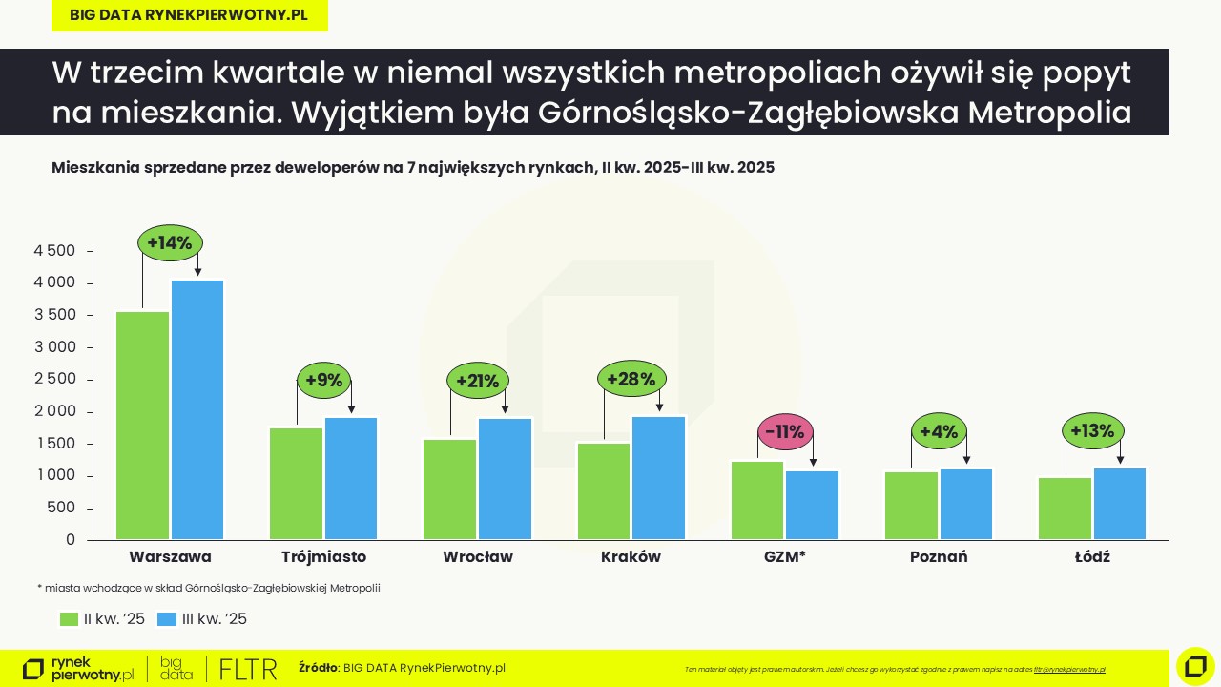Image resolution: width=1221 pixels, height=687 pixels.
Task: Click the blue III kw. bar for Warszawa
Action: click(197, 409)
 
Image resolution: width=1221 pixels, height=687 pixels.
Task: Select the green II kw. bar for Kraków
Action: click(604, 490)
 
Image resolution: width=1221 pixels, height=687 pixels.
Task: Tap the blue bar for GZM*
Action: click(813, 505)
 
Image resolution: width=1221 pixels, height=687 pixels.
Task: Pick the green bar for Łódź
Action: click(1065, 508)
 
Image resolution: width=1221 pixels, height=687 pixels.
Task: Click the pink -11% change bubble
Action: click(785, 432)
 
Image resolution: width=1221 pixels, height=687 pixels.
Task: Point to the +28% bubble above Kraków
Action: click(631, 379)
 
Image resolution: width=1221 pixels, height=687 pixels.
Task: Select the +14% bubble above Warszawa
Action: click(171, 242)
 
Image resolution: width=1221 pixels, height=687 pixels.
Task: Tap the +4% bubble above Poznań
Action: click(939, 431)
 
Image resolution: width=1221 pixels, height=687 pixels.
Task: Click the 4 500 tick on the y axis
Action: click(54, 251)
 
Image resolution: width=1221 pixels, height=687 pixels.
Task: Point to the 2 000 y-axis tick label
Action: click(54, 411)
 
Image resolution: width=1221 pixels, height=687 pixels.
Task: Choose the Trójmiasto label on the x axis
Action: click(323, 556)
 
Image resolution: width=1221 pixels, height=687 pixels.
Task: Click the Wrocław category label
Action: click(478, 556)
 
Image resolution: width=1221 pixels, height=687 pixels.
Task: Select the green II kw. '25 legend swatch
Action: click(69, 619)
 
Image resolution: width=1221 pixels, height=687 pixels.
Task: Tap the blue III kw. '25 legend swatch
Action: click(167, 619)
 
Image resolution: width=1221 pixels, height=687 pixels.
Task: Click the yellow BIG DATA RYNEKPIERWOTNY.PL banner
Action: click(189, 15)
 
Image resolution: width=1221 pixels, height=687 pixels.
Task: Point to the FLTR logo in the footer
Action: click(248, 669)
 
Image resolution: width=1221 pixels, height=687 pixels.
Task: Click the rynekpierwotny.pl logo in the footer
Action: click(78, 669)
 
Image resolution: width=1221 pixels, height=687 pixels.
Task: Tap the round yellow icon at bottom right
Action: click(1195, 666)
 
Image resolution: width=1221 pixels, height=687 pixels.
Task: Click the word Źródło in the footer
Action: click(318, 668)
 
